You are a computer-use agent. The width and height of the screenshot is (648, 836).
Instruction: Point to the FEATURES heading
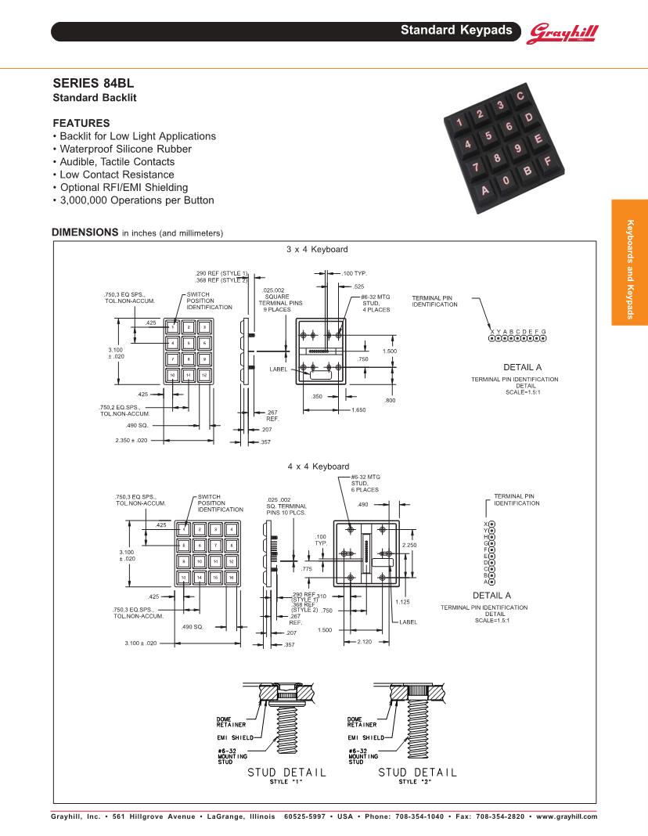point(81,123)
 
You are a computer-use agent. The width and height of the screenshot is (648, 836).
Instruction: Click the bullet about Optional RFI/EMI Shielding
point(124,187)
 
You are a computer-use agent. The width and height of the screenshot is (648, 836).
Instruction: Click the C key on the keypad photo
point(520,96)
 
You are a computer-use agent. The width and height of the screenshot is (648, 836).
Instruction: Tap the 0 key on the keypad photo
point(506,181)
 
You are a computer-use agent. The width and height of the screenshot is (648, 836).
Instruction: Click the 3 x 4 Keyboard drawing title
point(317,249)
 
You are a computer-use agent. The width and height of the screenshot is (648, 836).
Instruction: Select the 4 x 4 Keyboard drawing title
point(318,467)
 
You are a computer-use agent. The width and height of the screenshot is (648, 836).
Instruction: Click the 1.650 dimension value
point(358,410)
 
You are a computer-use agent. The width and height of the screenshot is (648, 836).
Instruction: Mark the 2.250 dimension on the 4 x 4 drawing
point(409,545)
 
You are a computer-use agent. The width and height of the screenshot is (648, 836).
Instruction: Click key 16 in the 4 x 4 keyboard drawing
point(231,577)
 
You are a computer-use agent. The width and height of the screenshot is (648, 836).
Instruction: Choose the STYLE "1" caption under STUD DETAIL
point(286,781)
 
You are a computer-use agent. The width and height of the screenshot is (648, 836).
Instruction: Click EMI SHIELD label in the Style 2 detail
point(365,737)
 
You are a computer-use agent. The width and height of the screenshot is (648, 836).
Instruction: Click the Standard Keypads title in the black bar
point(457,31)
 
